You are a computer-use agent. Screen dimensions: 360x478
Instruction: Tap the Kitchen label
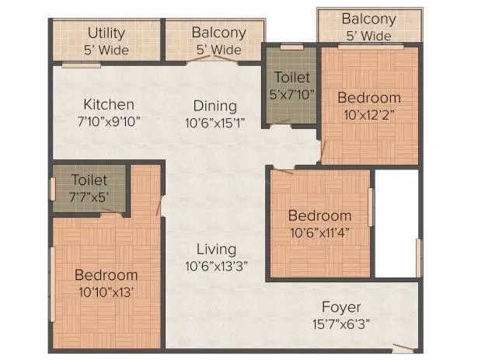(x=110, y=104)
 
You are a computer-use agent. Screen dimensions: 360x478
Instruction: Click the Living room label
(x=216, y=250)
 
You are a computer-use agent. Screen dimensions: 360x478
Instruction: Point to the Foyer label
(x=342, y=307)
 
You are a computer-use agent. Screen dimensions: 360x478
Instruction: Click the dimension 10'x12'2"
(x=368, y=114)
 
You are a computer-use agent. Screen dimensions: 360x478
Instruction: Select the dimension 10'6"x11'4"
(x=319, y=232)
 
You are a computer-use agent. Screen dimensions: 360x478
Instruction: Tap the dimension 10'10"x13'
(x=106, y=292)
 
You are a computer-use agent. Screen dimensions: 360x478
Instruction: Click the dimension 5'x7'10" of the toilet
(x=291, y=94)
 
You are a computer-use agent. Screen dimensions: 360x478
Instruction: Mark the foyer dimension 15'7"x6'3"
(x=342, y=323)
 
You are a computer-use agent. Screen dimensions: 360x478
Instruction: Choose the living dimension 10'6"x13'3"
(x=216, y=266)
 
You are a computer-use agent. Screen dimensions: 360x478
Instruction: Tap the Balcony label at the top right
(x=368, y=19)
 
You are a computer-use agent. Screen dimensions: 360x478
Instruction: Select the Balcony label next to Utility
(x=218, y=33)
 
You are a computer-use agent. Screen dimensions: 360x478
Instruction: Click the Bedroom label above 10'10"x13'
(x=106, y=275)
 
